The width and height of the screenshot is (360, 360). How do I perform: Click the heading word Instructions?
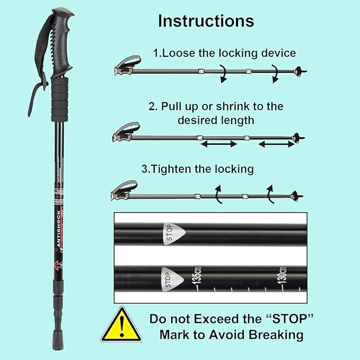[206, 21]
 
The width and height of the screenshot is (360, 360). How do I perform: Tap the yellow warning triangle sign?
[121, 324]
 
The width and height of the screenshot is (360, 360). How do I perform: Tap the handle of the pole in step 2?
[126, 132]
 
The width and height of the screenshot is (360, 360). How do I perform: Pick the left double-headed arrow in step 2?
[218, 144]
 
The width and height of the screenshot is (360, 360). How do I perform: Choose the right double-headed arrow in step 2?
[275, 144]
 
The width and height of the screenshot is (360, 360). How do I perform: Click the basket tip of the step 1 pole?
[300, 71]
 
